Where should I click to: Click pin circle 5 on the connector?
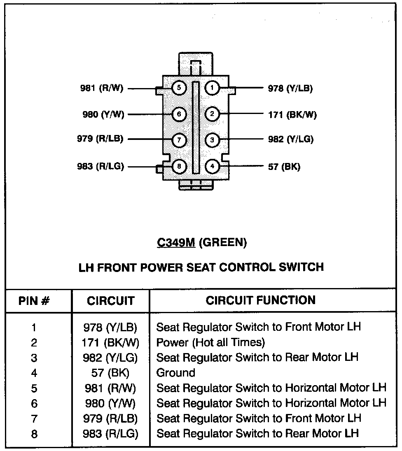point(179,88)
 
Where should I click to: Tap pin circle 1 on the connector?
point(212,88)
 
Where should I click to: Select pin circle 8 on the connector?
point(179,167)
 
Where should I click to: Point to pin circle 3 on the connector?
point(212,140)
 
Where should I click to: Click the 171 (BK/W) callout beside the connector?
point(292,114)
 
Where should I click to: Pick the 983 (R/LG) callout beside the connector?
point(100,167)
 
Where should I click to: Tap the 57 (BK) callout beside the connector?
point(284,167)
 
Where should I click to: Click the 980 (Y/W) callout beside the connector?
point(103,114)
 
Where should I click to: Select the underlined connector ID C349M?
point(176,243)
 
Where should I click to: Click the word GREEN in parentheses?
point(223,243)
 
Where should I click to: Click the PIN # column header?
point(35,301)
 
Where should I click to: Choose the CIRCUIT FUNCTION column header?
point(261,300)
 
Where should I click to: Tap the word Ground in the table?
point(176,373)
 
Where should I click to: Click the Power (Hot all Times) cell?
point(210,342)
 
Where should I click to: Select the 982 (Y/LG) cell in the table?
point(110,357)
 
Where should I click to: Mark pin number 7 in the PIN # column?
point(34,418)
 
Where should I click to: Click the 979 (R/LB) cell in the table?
point(110,418)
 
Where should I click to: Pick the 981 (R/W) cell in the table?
point(110,388)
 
